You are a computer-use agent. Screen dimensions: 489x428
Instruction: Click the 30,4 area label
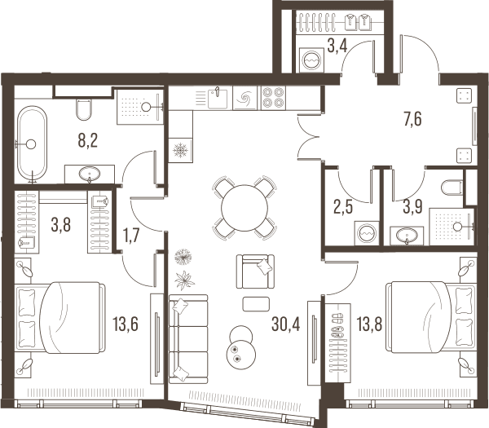coord(286,324)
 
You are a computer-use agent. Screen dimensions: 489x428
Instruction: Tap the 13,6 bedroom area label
coord(126,324)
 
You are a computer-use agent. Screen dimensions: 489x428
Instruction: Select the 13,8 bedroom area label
coord(369,324)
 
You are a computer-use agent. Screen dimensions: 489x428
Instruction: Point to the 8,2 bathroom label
coord(88,140)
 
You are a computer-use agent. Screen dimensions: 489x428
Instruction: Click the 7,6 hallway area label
coord(412,119)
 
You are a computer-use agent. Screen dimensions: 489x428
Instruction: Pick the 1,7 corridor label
coord(131,235)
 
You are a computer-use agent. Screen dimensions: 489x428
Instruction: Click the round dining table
coord(244,208)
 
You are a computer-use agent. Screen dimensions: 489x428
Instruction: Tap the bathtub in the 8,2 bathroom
coord(32,143)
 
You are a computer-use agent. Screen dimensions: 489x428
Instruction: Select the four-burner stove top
coord(274,97)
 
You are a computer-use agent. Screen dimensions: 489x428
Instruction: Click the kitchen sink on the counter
coord(218,98)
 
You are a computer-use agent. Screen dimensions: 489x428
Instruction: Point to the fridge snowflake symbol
coord(181,150)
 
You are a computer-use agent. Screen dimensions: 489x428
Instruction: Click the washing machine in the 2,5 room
coord(367,233)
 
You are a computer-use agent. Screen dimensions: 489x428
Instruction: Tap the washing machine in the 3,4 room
coord(311,60)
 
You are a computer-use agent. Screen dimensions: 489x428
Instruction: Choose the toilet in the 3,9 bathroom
coord(452,188)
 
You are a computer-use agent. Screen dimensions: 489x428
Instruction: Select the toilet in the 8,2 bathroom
coord(84,109)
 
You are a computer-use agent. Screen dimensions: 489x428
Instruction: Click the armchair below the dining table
coord(255,271)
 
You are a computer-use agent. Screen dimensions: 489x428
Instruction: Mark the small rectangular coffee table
coord(256,304)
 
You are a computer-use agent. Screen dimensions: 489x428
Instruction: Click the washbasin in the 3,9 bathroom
coord(407,236)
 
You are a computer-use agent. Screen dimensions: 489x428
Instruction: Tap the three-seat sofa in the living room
coord(188,339)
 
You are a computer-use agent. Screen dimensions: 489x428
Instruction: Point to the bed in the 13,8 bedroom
coord(431,317)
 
